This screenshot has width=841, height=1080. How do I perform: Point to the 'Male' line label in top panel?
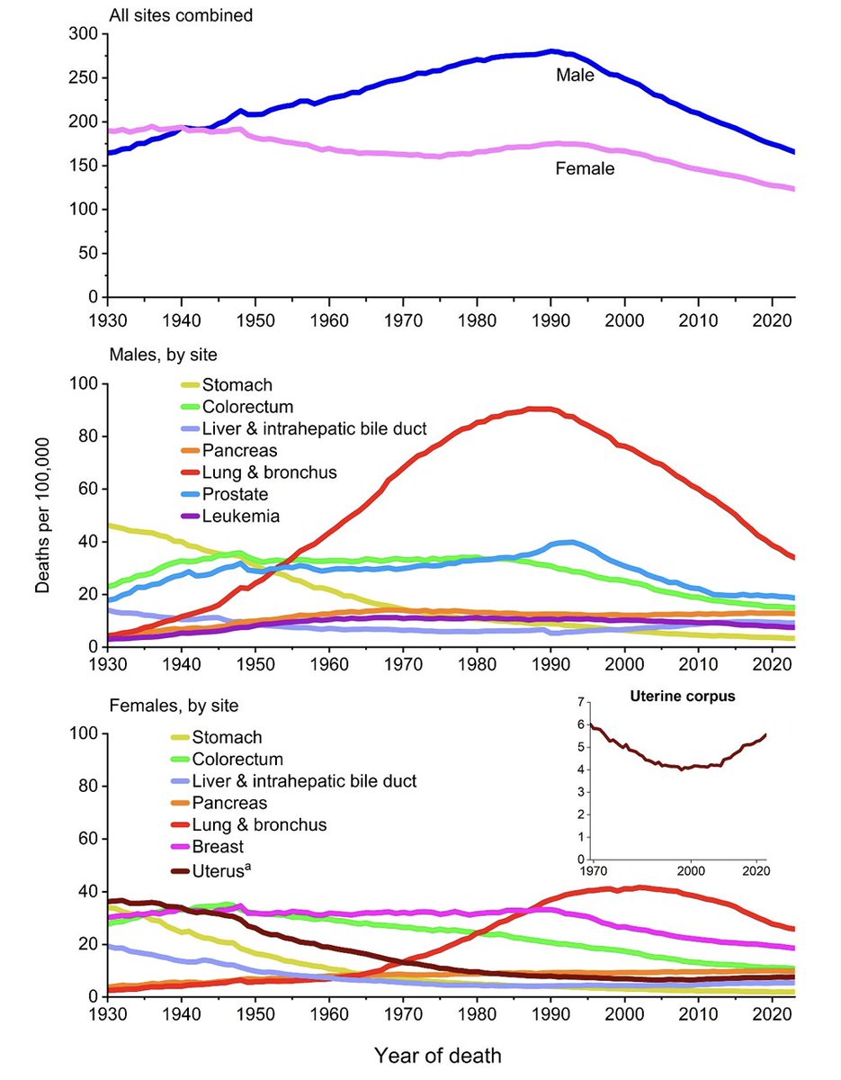click(575, 76)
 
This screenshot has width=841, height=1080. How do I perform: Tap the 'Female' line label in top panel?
click(585, 167)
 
